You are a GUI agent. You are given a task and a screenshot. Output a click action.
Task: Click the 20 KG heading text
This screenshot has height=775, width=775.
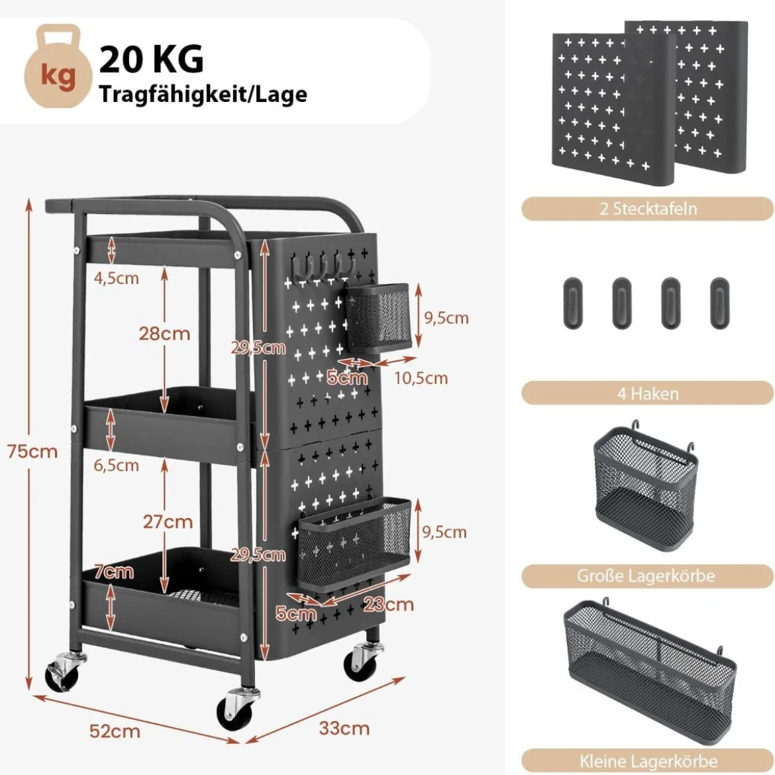point(151,60)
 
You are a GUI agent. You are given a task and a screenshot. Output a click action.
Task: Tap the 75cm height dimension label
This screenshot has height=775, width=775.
point(32,451)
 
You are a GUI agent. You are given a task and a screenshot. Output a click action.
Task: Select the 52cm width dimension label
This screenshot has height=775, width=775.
point(115,731)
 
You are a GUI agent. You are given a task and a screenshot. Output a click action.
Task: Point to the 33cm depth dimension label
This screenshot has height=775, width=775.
point(344,728)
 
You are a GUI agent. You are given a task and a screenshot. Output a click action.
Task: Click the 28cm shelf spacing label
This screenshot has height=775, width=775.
point(164,334)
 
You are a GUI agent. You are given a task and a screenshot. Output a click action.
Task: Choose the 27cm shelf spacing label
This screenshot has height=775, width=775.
point(168,521)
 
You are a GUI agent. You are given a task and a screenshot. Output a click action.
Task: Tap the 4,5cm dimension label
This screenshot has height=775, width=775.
point(116,278)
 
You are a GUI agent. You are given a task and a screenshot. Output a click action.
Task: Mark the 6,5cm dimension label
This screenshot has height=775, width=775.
point(116,465)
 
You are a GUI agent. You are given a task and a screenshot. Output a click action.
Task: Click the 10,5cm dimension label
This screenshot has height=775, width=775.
point(421,378)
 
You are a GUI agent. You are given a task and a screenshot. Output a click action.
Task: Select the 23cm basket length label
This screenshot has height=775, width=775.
point(388,604)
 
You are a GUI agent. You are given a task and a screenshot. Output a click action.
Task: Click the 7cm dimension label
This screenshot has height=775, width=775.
point(114,572)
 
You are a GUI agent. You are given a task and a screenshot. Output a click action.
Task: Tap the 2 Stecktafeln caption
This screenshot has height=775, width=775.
point(648,209)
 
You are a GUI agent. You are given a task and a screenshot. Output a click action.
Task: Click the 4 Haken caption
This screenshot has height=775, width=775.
point(648,394)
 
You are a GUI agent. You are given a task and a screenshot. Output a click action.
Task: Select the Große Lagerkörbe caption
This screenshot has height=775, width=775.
point(646,576)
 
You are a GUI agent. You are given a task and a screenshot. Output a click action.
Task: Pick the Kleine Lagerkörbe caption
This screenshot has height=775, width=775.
point(648,761)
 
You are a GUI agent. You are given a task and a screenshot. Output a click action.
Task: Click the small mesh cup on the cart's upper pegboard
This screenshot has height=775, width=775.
point(378,317)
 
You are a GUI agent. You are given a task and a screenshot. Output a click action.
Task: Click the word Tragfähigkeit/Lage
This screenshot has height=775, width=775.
point(203,95)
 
